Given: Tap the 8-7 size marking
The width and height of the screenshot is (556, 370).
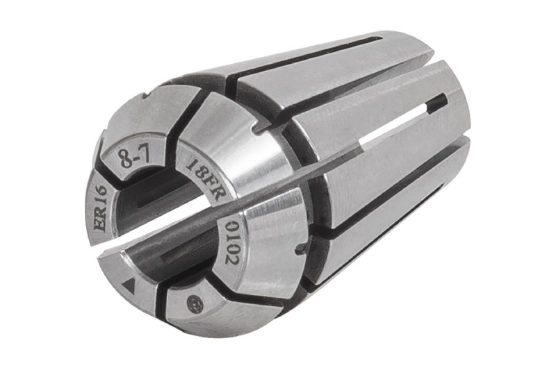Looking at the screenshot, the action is point(132,158).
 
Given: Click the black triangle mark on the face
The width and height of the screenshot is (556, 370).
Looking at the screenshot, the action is point(129,285).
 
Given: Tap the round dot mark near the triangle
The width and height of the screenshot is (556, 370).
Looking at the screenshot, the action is point(195,304).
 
